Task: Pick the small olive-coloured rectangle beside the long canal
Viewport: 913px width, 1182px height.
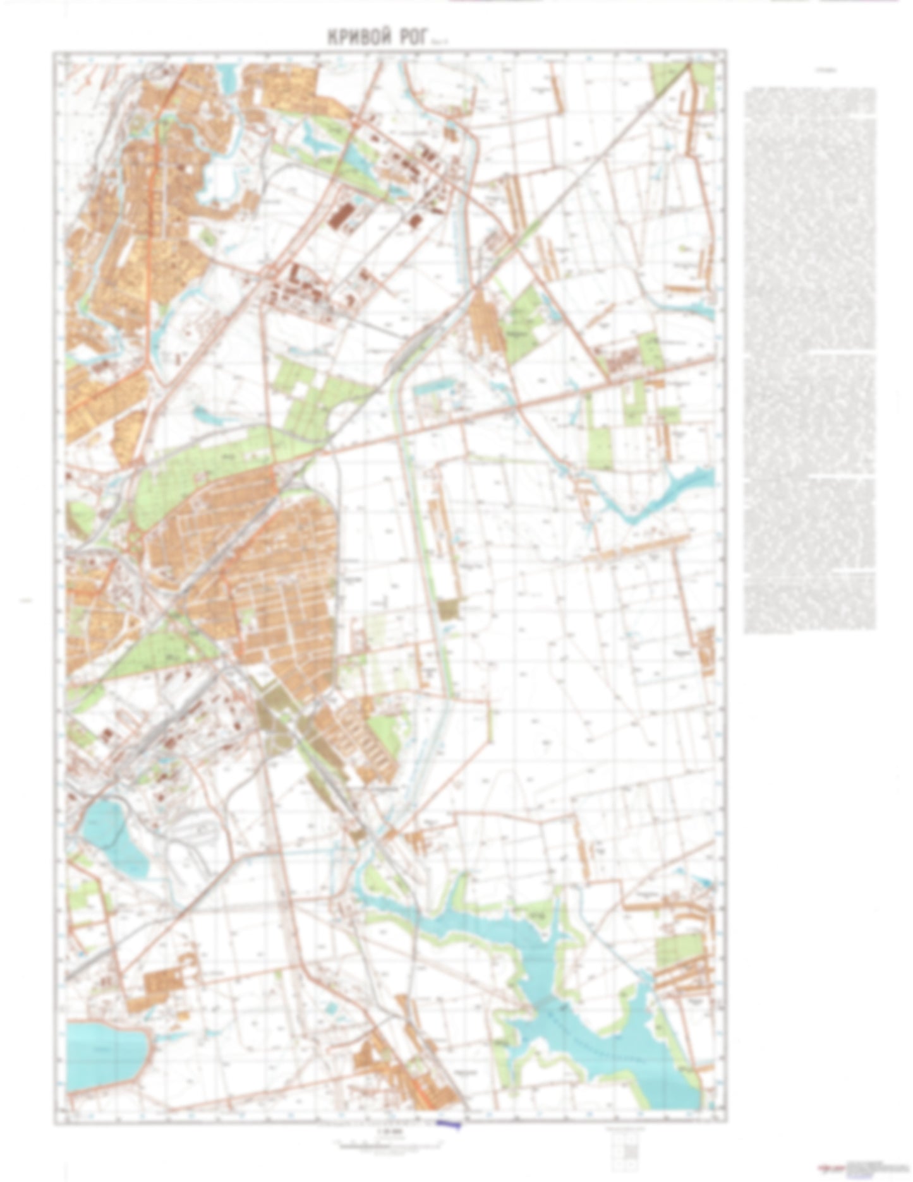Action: click(450, 609)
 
